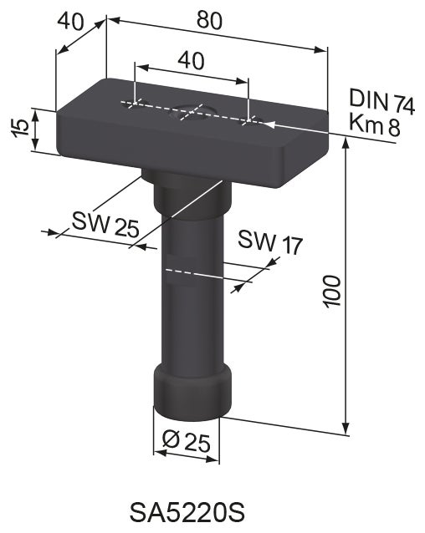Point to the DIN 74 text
click(x=381, y=103)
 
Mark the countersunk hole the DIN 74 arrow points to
click(x=249, y=122)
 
